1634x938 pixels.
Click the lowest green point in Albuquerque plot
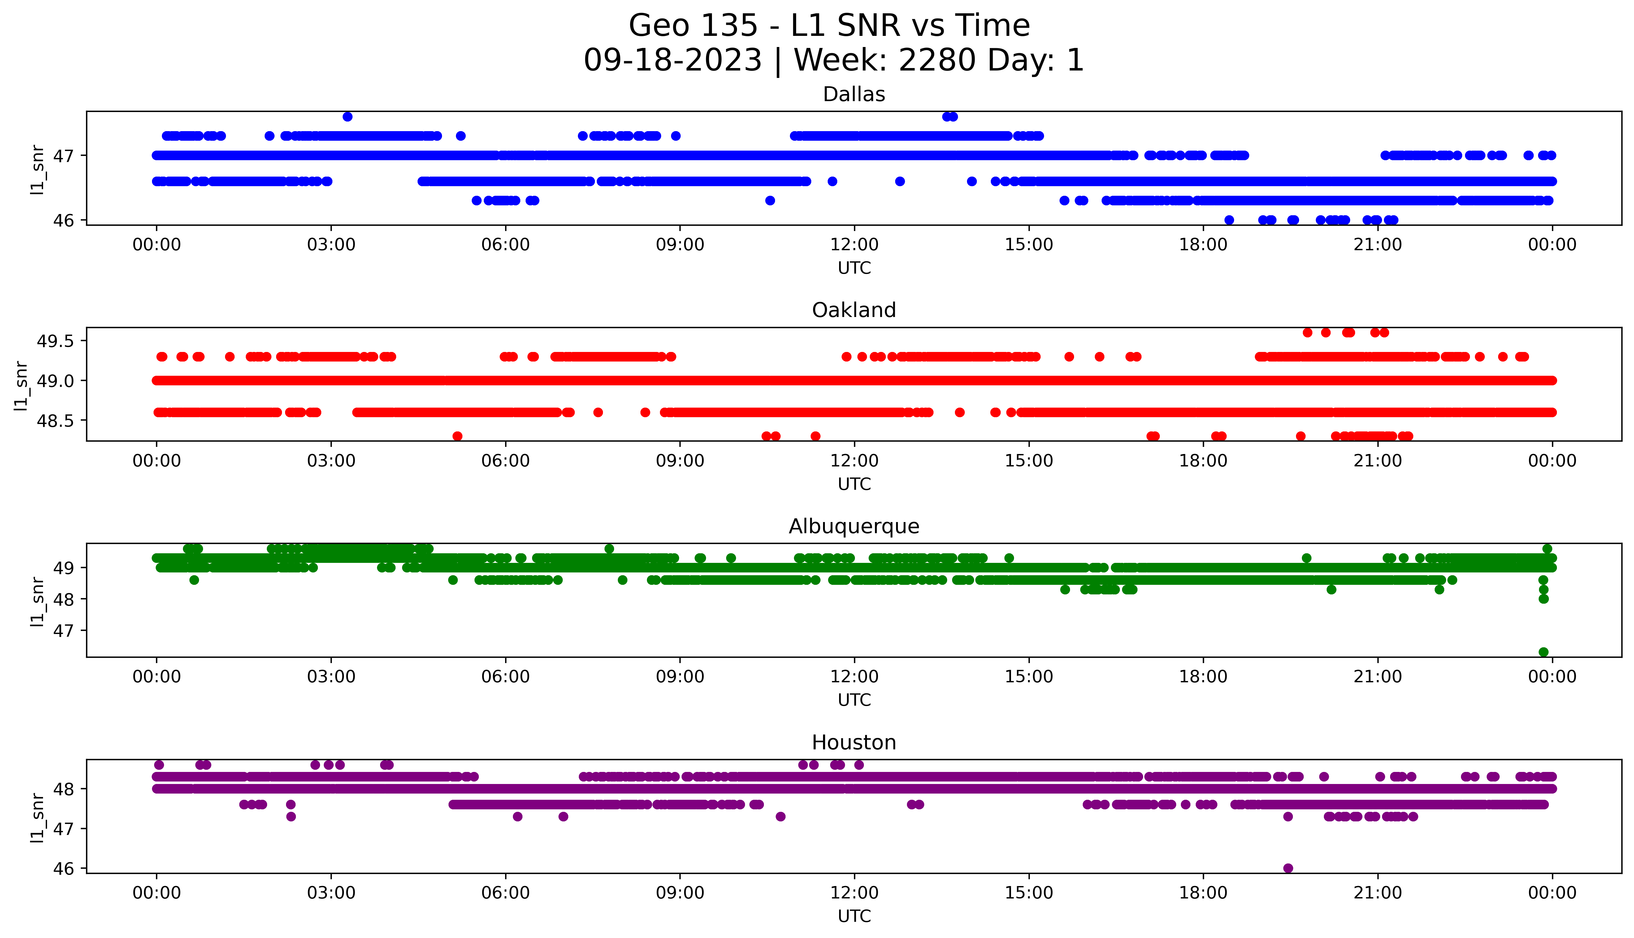pos(1543,652)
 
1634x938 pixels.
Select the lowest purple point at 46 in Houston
pos(1288,868)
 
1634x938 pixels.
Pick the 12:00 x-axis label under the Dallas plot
pos(854,245)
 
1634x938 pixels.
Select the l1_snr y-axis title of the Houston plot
pos(37,817)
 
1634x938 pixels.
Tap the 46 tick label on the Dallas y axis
pos(64,220)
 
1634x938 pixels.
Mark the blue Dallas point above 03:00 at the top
pos(347,117)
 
